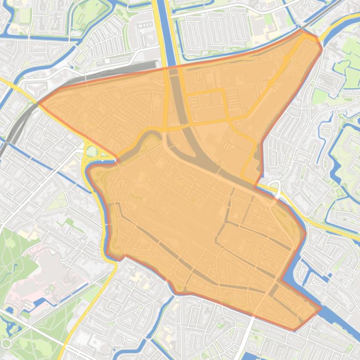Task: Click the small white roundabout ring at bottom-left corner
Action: (6, 344)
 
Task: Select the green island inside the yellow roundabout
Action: (92, 151)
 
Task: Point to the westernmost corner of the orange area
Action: (38, 102)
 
